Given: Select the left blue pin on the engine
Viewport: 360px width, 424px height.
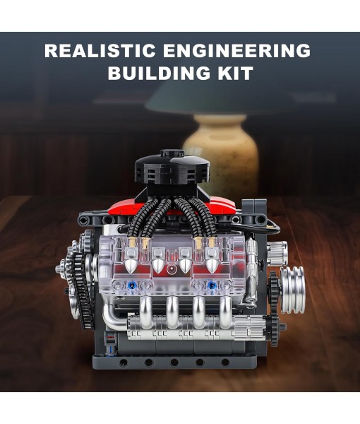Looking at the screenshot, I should point(131,286).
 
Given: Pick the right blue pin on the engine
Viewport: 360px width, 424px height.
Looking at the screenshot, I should point(211,286).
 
